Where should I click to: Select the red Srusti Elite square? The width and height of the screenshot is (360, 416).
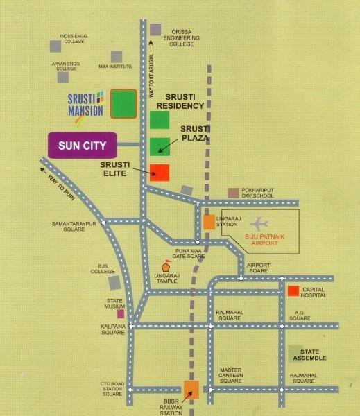tap(160, 173)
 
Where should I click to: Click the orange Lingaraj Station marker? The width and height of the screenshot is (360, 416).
tap(209, 222)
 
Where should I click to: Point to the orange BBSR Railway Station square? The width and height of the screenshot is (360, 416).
tap(191, 390)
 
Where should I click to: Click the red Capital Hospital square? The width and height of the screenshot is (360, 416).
tap(293, 291)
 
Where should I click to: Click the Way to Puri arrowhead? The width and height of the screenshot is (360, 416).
tap(44, 166)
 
